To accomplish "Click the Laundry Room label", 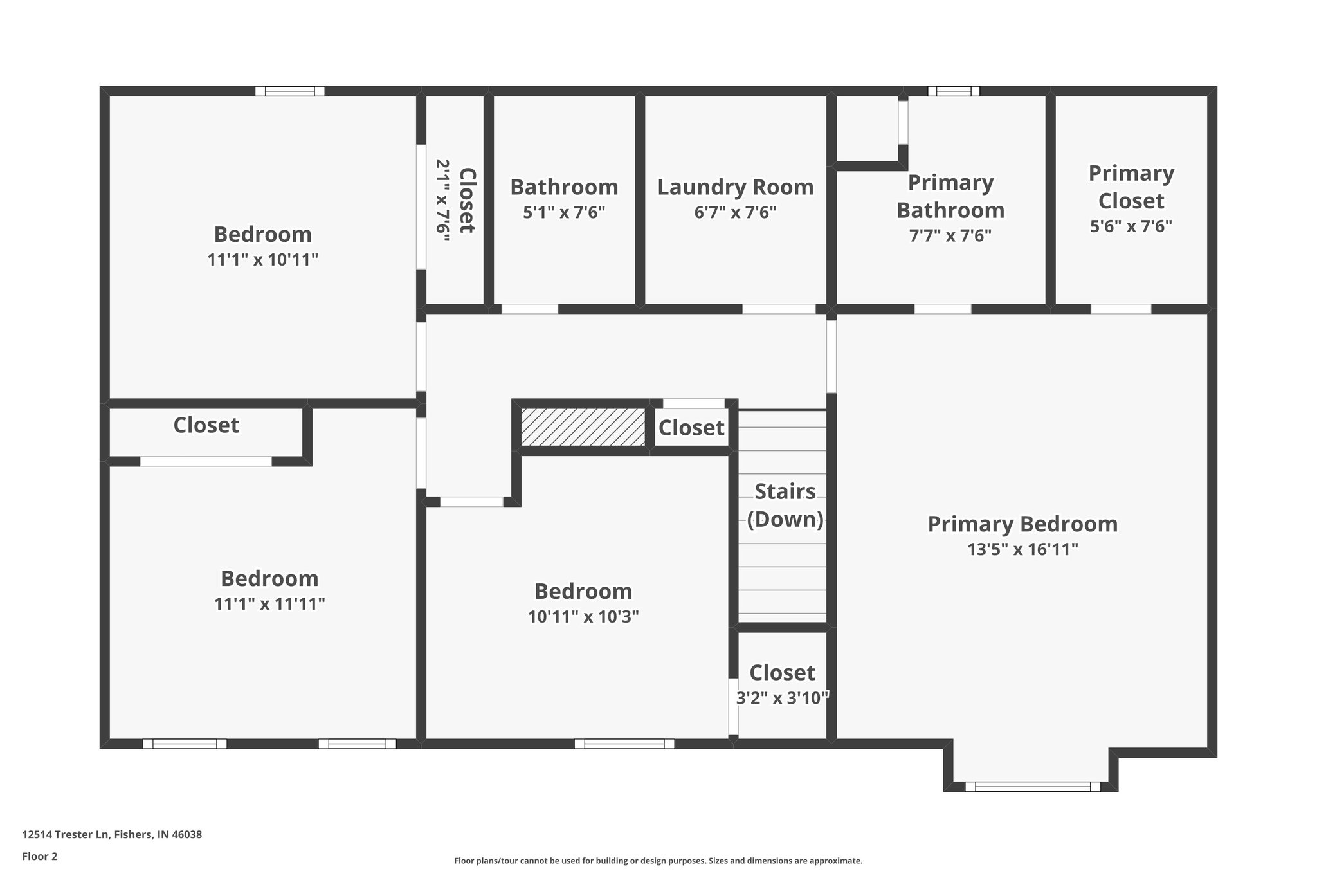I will pyautogui.click(x=735, y=187).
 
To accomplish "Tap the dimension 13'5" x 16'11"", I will pyautogui.click(x=1022, y=549).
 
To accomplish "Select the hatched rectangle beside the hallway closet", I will pyautogui.click(x=583, y=426).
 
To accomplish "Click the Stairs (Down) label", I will pyautogui.click(x=785, y=505).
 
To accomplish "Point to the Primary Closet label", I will pyautogui.click(x=1131, y=187).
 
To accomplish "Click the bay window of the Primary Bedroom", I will pyautogui.click(x=1032, y=786).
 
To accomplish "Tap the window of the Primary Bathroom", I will pyautogui.click(x=953, y=91).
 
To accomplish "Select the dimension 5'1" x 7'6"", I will pyautogui.click(x=564, y=212).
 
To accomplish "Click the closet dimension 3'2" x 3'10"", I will pyautogui.click(x=782, y=698).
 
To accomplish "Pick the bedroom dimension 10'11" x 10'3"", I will pyautogui.click(x=583, y=617).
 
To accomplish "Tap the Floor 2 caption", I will pyautogui.click(x=40, y=856).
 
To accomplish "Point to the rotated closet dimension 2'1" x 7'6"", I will pyautogui.click(x=442, y=200).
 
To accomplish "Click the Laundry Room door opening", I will pyautogui.click(x=779, y=309).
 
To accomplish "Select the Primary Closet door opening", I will pyautogui.click(x=1120, y=309).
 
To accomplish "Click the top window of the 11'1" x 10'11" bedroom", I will pyautogui.click(x=289, y=91).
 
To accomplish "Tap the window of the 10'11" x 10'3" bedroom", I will pyautogui.click(x=624, y=744).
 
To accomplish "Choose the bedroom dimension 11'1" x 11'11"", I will pyautogui.click(x=269, y=604).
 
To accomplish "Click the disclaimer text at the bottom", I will pyautogui.click(x=658, y=861).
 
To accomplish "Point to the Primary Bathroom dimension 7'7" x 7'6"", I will pyautogui.click(x=950, y=235).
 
